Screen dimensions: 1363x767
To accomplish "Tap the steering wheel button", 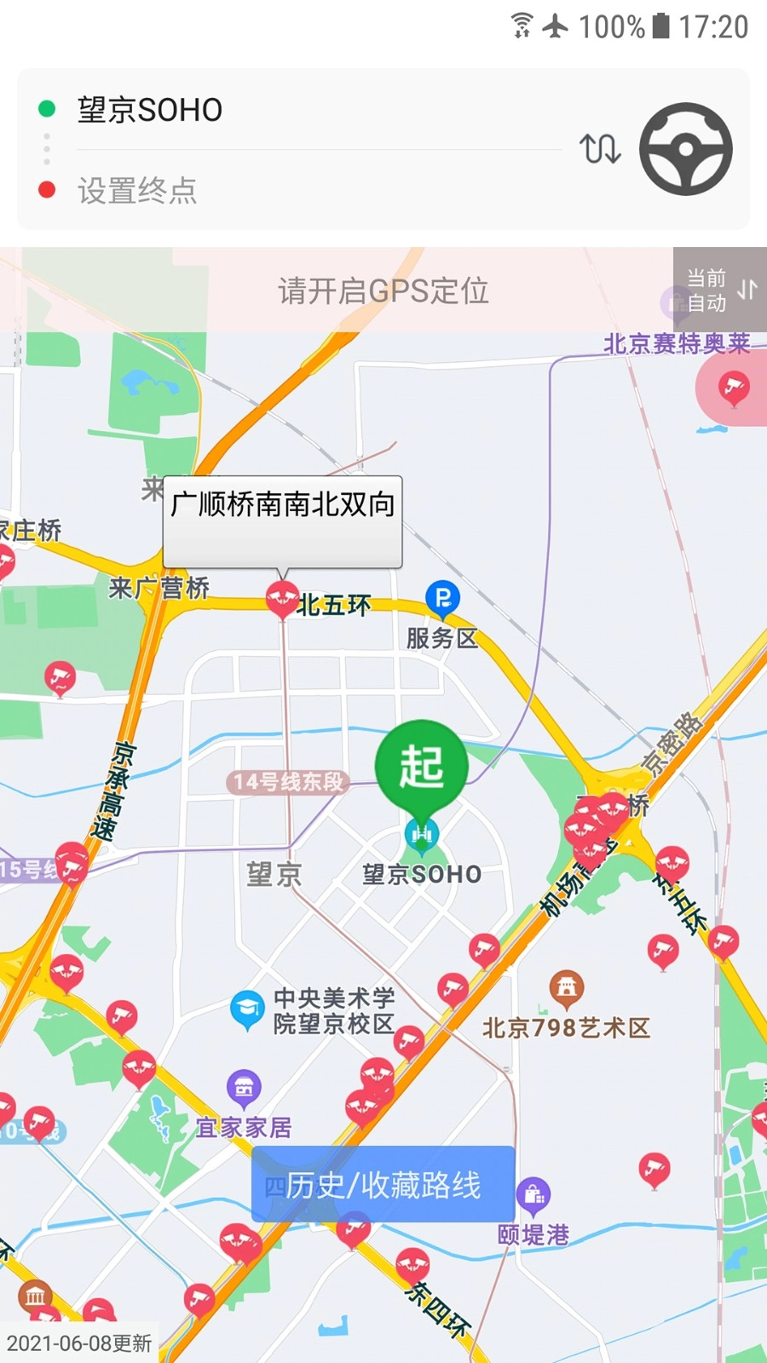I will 685,149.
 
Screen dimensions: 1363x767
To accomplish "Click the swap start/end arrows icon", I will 600,149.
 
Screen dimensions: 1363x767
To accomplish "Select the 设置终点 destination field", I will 137,191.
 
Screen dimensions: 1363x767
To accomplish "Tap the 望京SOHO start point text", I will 150,110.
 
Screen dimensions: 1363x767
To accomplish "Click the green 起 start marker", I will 421,765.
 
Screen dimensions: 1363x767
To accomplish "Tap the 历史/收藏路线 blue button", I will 383,1184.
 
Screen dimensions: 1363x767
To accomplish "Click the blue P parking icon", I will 442,598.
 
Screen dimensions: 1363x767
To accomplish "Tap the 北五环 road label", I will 334,606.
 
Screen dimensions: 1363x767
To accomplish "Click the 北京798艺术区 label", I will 566,1027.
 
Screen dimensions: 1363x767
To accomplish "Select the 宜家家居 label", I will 244,1128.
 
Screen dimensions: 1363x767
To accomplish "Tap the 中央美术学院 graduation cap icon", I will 247,1009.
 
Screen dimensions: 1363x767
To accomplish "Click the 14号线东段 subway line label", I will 289,781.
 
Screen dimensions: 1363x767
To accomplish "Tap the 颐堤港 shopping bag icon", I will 533,1195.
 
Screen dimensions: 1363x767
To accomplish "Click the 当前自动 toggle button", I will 720,290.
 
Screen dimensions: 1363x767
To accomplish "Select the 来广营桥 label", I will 159,588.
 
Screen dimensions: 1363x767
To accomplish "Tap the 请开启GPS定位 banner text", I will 383,291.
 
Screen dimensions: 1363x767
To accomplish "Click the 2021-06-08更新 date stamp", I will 79,1343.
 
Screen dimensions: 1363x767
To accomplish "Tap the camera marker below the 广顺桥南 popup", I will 282,597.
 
